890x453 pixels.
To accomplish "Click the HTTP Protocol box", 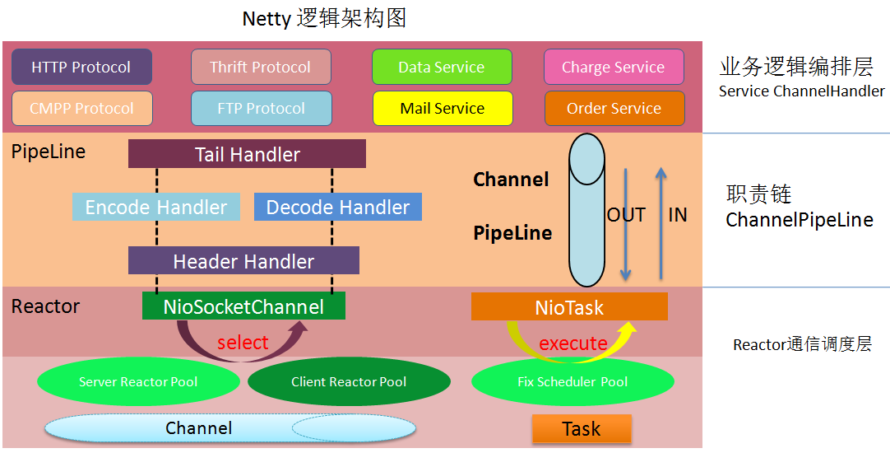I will (81, 67).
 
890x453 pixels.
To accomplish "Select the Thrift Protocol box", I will (261, 67).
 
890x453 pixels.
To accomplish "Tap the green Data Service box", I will (442, 67).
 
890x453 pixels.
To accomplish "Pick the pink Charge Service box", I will (614, 67).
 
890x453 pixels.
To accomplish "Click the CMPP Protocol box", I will (81, 108).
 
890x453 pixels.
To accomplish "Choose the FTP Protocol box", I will (261, 108).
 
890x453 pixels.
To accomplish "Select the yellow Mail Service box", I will (442, 108).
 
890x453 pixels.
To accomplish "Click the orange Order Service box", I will (614, 108).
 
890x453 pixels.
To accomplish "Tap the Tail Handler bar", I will (247, 154).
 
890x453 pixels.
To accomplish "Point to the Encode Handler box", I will (156, 207).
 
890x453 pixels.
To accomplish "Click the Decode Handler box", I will (338, 207).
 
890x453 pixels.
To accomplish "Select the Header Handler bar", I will (243, 261).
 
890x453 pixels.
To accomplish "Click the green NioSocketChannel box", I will (243, 306).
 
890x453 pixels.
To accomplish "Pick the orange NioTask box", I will (569, 307).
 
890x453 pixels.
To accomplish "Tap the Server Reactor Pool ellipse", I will (138, 381).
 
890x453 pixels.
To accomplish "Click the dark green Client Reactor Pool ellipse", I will (349, 381).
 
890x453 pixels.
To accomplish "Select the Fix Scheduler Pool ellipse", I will (572, 381).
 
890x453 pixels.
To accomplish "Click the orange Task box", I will (582, 428).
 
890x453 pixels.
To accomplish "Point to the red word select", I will (243, 343).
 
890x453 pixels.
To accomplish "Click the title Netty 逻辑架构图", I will (324, 18).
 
